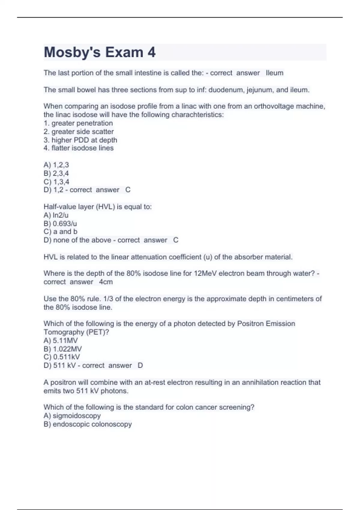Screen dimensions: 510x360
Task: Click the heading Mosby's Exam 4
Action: click(x=100, y=52)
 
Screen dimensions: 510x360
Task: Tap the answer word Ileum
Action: click(x=274, y=73)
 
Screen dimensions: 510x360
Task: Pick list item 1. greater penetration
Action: click(x=78, y=123)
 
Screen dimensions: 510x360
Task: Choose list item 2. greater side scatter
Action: click(x=79, y=131)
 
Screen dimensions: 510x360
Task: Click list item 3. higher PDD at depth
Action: click(x=80, y=140)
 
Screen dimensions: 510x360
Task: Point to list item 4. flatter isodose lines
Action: click(x=79, y=148)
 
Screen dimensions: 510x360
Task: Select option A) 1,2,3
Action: click(x=56, y=165)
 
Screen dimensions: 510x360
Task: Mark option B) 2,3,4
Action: click(x=56, y=173)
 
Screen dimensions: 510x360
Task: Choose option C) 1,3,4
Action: click(x=56, y=181)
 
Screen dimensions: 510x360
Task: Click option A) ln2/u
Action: click(x=56, y=215)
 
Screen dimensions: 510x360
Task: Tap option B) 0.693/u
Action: click(x=60, y=223)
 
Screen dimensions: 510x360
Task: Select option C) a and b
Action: click(x=60, y=232)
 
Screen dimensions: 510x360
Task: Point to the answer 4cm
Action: click(x=106, y=282)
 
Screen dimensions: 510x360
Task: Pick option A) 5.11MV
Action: click(x=61, y=340)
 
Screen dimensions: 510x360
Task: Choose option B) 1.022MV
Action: click(x=63, y=349)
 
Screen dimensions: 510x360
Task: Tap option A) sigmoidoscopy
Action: click(x=72, y=415)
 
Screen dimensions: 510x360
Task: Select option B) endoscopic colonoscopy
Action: click(x=88, y=424)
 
